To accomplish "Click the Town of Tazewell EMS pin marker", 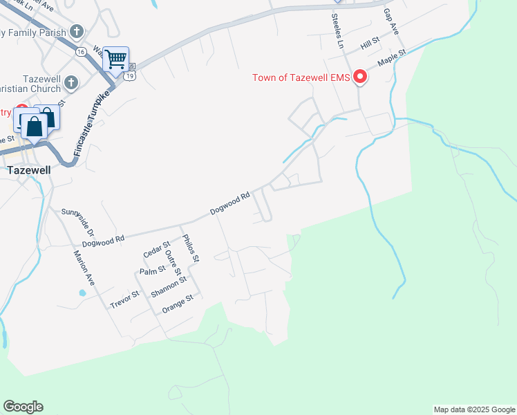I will click(x=359, y=77).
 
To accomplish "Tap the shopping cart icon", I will click(x=116, y=58).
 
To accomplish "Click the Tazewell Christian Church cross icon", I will click(x=70, y=84).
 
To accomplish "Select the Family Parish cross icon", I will click(x=76, y=32).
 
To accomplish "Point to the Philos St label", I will click(x=191, y=248).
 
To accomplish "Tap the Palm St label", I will click(x=152, y=270).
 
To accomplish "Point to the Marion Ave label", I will click(x=84, y=268).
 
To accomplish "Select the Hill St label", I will click(x=370, y=46).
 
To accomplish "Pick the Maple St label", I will click(x=388, y=58).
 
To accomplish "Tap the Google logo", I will click(x=23, y=407).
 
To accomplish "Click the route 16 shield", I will click(x=81, y=52).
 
